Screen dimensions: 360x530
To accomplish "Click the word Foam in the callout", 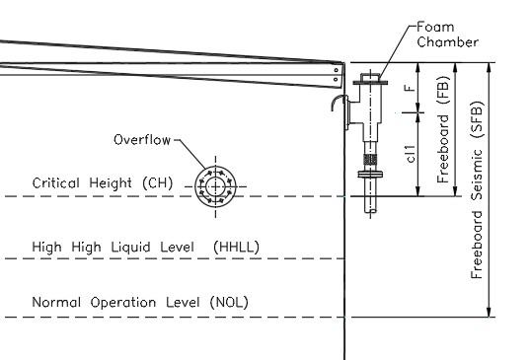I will click(x=435, y=27).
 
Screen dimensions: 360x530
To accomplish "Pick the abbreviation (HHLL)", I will click(x=236, y=246).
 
